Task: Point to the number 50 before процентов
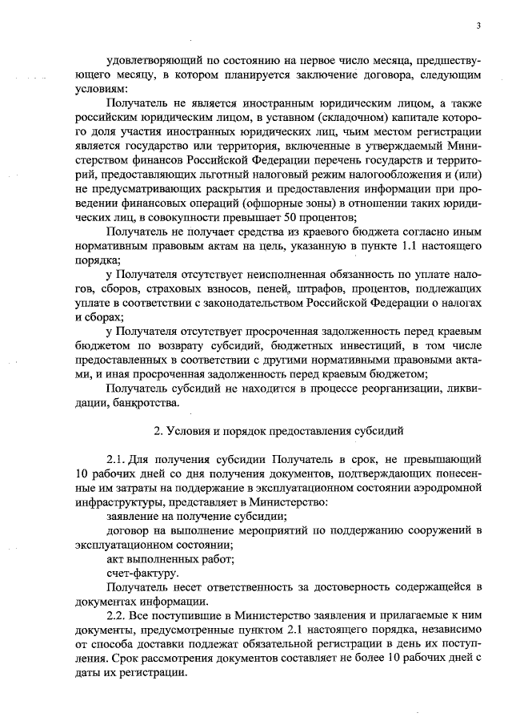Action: coord(300,218)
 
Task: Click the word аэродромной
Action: coord(446,487)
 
